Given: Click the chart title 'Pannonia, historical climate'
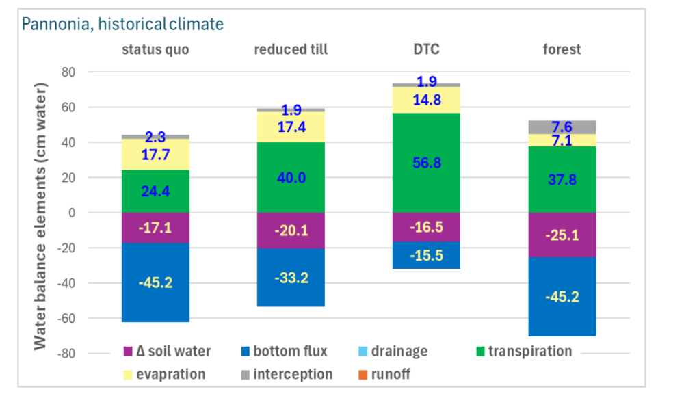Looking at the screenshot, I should tap(122, 25).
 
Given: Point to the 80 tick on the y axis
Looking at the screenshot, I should tap(68, 72).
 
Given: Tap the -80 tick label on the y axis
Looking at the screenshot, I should tap(66, 354).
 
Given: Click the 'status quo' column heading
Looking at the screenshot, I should tap(155, 49).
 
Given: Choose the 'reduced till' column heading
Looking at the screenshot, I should tap(290, 49).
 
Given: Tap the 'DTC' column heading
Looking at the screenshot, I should tap(426, 49).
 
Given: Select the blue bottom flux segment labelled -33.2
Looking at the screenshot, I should tap(290, 277).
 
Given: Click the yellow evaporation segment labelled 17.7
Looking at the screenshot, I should tap(155, 155).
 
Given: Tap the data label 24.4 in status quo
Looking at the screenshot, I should tap(155, 191).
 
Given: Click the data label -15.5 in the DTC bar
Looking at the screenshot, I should tap(426, 255).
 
